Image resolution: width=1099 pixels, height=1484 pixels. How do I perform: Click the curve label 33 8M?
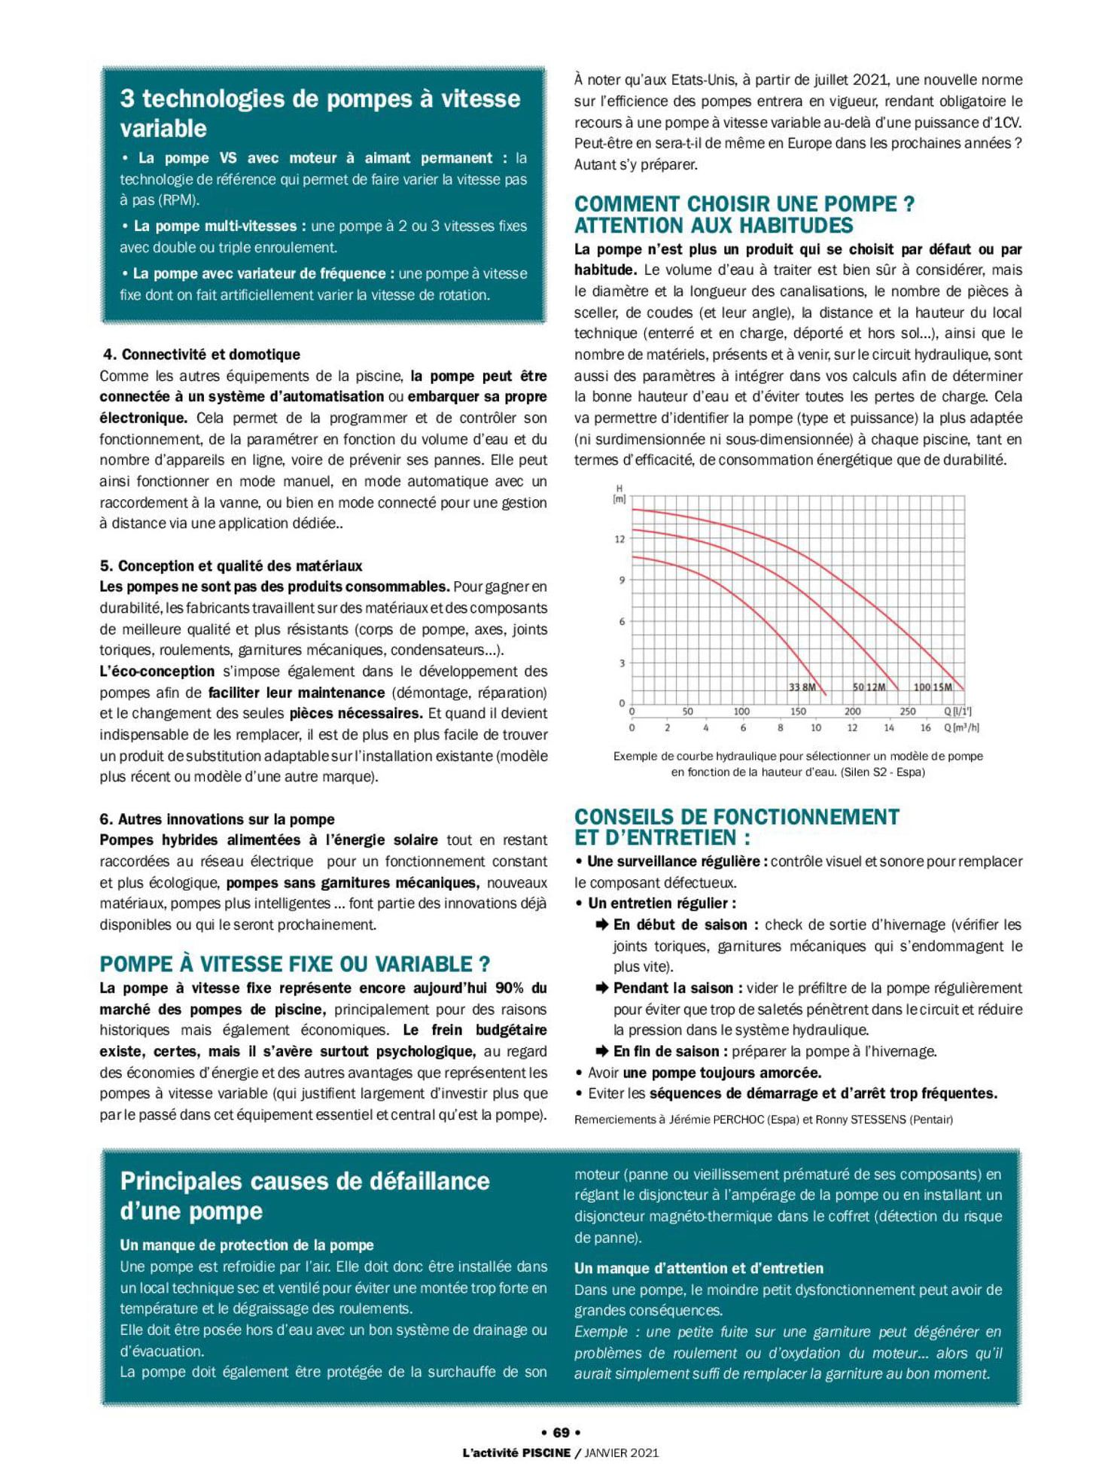point(802,687)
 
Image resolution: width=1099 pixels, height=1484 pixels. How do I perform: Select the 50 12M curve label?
point(869,687)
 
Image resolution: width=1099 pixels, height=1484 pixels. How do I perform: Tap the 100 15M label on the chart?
point(933,687)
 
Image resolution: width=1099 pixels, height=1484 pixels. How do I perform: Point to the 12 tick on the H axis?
point(620,539)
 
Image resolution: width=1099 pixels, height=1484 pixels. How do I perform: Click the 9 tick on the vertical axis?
point(622,580)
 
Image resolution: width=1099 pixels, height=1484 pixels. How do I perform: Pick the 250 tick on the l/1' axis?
point(908,711)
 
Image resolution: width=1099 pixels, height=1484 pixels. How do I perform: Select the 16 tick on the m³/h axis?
point(925,727)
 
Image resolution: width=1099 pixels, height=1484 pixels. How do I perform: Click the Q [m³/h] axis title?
point(962,727)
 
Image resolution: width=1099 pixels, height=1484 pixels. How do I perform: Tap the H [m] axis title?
point(620,493)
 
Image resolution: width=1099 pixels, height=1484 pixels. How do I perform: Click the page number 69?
point(561,1432)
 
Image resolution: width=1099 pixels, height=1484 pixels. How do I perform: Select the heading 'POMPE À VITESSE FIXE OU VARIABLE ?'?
point(295,964)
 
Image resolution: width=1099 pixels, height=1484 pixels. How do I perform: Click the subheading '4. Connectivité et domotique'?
point(202,354)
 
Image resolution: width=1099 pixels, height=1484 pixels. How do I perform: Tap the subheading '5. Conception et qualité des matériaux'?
point(231,565)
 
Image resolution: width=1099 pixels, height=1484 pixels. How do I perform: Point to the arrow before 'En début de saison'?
point(601,925)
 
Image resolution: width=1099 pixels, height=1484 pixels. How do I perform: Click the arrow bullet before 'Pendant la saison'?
point(601,988)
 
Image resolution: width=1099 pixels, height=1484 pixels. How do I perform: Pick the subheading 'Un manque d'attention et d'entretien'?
point(699,1268)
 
